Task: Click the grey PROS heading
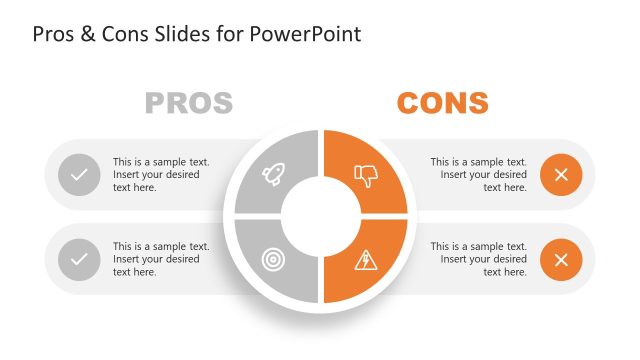point(189,103)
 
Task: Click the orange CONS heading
point(442,103)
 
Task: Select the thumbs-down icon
point(367,176)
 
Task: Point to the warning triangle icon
point(366,260)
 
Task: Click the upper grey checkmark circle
point(79,175)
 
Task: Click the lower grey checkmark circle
point(79,260)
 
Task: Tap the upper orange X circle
point(561,175)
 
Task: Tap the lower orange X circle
point(561,260)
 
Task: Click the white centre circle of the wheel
point(321,217)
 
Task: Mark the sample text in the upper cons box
point(478,174)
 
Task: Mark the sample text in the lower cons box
point(478,259)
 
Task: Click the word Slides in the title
point(184,34)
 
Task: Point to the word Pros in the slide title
point(54,34)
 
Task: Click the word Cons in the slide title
point(123,34)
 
